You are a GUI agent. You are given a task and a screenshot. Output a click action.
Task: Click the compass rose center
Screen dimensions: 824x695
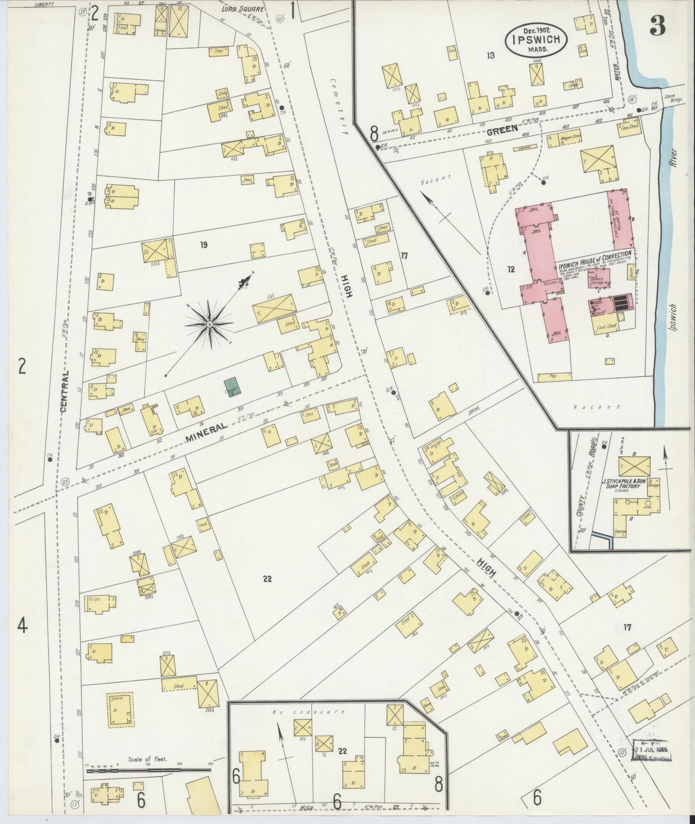(x=210, y=325)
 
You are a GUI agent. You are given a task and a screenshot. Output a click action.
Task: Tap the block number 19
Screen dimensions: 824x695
(x=203, y=245)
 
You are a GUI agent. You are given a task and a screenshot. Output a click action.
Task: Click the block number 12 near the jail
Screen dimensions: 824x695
(x=511, y=269)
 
